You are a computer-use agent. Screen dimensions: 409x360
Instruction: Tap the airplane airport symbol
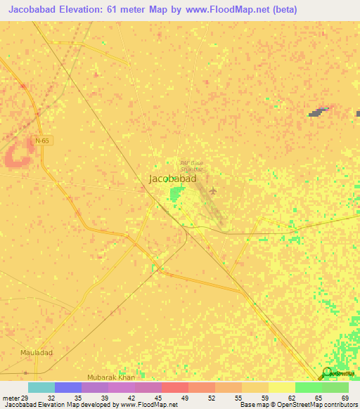[213, 190]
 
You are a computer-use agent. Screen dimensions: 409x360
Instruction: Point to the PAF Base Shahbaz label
[191, 166]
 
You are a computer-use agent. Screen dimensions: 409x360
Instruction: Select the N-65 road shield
[43, 141]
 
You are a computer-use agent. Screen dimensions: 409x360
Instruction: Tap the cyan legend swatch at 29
[41, 387]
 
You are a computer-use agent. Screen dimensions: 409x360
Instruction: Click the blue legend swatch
[67, 387]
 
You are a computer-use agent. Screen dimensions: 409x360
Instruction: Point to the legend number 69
[344, 397]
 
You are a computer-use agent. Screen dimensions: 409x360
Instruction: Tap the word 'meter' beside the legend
[10, 397]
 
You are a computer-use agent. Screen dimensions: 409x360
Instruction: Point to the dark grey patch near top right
[319, 112]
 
